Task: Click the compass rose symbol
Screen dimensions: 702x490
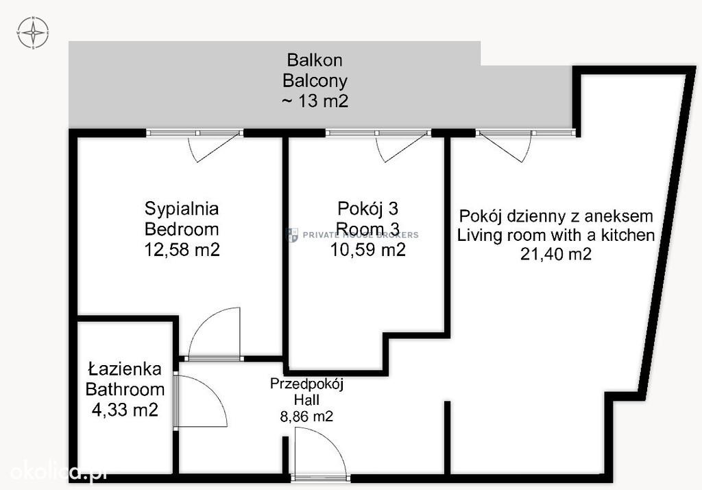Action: [x=33, y=32]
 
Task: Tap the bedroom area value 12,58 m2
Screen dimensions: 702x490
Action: [x=182, y=250]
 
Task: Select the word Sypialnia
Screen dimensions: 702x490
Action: [x=182, y=209]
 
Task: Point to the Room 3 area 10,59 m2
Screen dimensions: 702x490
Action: [x=368, y=250]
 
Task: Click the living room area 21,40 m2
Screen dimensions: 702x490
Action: [x=555, y=254]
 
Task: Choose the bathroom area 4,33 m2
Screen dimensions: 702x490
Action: [x=125, y=410]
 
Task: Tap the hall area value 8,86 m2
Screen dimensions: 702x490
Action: [x=306, y=417]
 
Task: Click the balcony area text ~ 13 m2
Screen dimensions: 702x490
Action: [x=315, y=101]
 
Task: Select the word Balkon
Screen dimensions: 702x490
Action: [x=315, y=60]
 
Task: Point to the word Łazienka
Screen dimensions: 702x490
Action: [x=125, y=369]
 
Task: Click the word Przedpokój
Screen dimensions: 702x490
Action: [x=306, y=384]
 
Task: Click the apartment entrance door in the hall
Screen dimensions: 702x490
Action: [x=321, y=453]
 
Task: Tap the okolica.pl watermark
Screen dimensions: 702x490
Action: [x=58, y=472]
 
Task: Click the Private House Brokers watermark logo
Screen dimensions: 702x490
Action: [x=292, y=235]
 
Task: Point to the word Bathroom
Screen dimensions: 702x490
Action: [x=125, y=390]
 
